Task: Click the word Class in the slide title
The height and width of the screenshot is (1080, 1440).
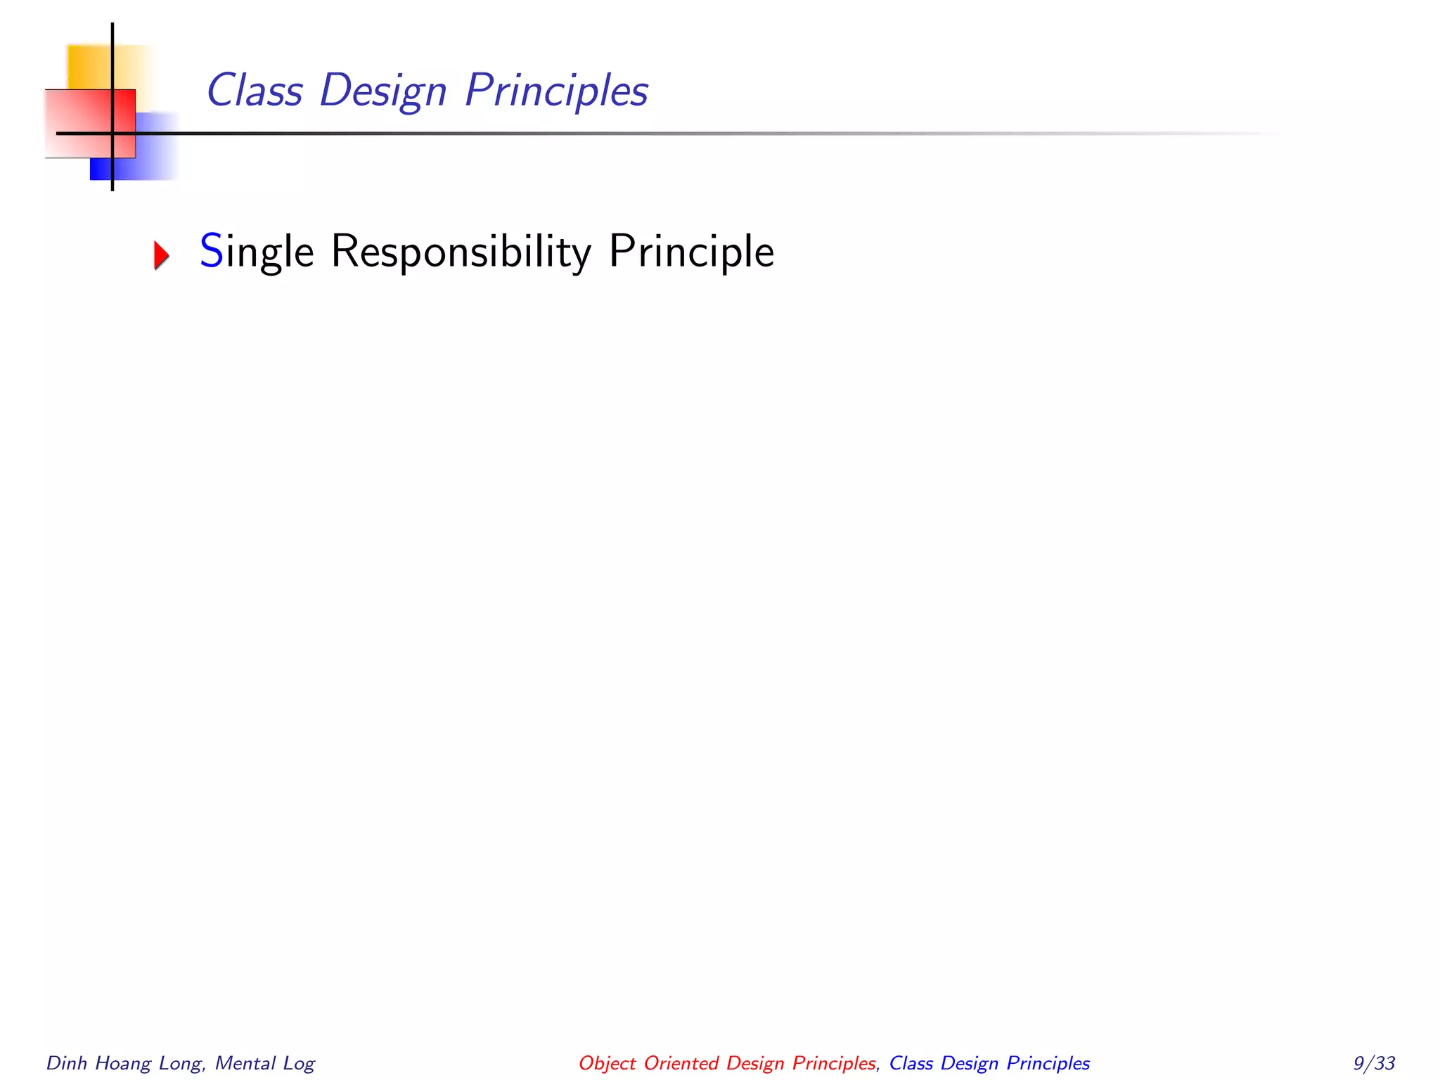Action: [255, 91]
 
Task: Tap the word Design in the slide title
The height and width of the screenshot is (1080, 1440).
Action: [383, 92]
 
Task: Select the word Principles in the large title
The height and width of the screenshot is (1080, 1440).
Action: [556, 92]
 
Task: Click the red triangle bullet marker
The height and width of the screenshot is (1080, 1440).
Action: [162, 255]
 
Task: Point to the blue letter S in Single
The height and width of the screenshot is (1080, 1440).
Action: [211, 251]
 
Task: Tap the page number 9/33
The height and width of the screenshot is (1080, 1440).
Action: [1374, 1063]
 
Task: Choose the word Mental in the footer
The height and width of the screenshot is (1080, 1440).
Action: [245, 1063]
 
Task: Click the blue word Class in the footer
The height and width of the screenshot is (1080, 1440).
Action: [911, 1063]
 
